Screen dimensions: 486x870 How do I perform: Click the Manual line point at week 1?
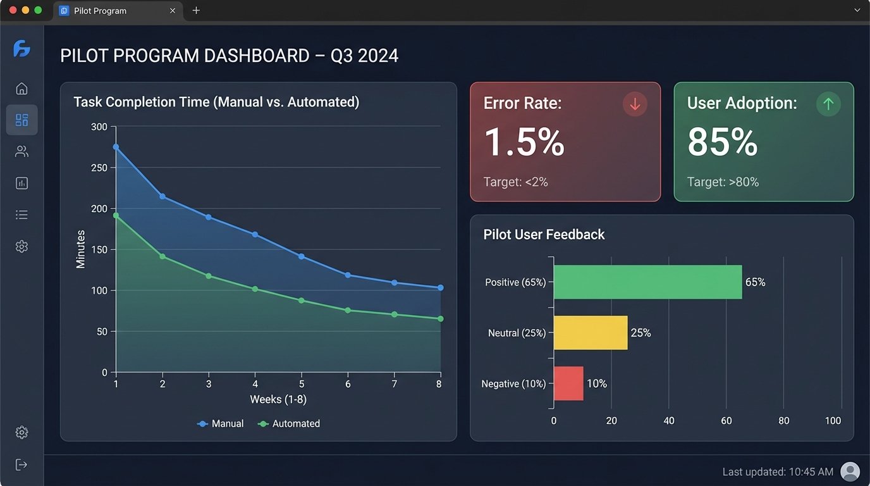116,147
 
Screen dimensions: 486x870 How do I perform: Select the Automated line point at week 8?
441,319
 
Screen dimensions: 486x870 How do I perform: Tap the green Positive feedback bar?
647,282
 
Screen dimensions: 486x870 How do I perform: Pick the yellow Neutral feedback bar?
591,333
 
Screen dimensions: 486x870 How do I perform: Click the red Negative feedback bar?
568,383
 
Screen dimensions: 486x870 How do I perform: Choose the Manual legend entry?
221,424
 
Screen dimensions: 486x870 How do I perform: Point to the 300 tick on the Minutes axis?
99,127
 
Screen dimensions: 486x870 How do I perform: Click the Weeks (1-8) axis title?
278,399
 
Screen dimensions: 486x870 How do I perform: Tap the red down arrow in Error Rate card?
635,104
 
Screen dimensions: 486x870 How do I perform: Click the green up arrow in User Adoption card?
828,104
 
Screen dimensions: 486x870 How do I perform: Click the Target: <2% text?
515,182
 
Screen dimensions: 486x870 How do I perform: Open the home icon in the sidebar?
21,89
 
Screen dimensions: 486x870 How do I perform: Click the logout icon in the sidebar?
21,465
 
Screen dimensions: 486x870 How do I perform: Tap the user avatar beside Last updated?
850,471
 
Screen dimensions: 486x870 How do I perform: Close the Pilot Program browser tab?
173,11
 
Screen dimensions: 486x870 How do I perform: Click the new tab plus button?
196,11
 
